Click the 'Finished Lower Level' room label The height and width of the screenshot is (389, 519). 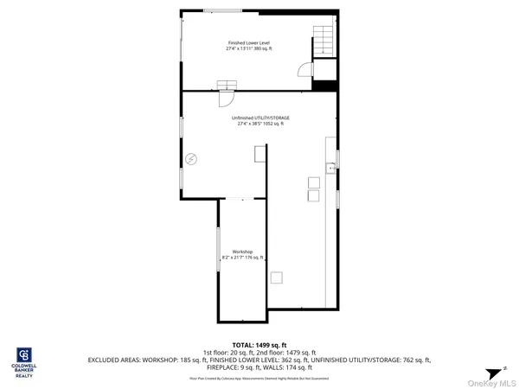(248, 42)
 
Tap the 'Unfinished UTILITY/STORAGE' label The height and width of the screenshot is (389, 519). (260, 118)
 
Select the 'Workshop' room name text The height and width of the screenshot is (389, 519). (242, 252)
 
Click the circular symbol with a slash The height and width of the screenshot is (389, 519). (191, 158)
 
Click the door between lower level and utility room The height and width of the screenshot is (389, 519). (227, 85)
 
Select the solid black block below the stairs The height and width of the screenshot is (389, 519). (324, 85)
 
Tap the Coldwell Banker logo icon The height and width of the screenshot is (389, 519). (23, 354)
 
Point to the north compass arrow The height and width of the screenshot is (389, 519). (494, 371)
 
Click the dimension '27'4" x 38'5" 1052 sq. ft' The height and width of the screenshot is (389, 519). (260, 124)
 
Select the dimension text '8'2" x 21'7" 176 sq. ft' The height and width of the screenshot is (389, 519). (242, 258)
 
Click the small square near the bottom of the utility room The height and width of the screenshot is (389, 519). (277, 277)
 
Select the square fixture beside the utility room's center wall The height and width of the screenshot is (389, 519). (259, 154)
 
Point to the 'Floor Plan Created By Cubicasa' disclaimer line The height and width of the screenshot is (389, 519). (259, 378)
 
